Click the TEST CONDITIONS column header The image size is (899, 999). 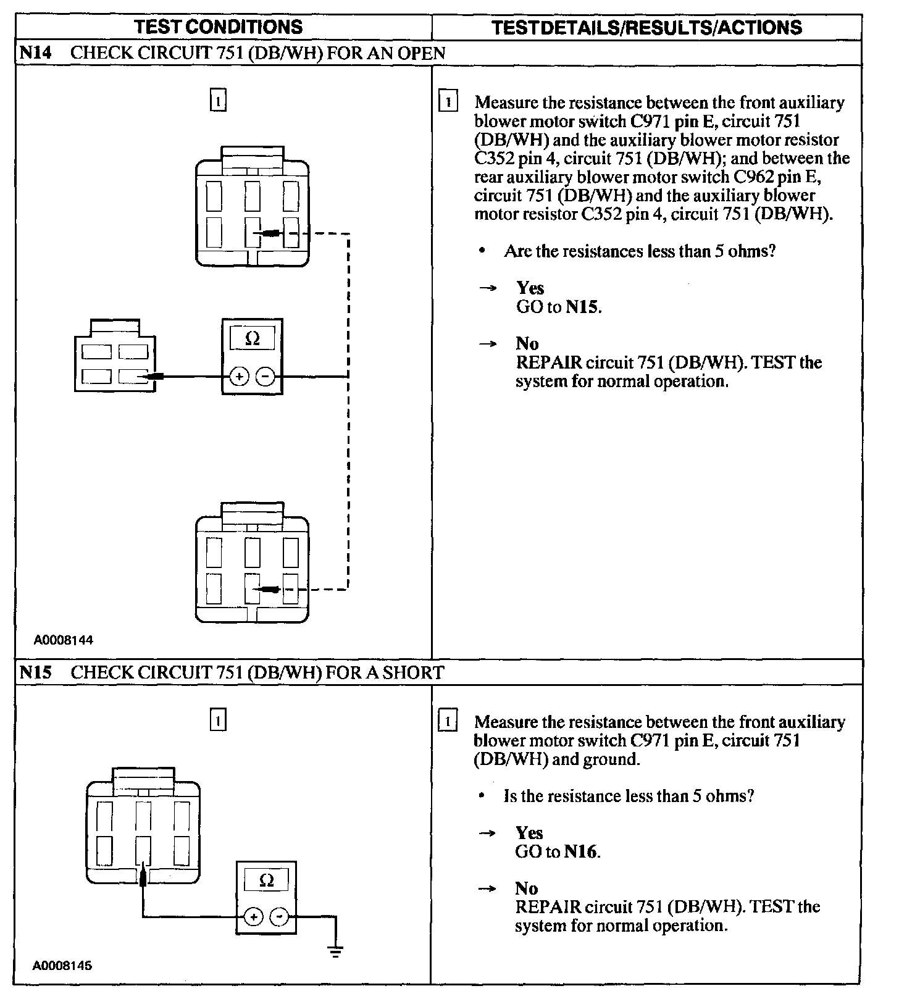[219, 27]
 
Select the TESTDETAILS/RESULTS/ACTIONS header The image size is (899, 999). [647, 28]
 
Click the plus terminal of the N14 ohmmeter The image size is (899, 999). [240, 376]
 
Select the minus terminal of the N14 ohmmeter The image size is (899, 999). [266, 376]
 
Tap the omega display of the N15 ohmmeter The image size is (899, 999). [267, 880]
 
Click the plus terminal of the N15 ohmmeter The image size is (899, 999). [253, 917]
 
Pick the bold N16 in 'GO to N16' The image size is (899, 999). [582, 852]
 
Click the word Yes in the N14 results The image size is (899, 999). [530, 288]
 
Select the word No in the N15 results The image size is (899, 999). [527, 888]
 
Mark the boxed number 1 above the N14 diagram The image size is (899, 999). [219, 100]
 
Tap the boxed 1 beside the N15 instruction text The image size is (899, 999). [447, 721]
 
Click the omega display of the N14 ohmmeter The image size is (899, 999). [253, 338]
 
